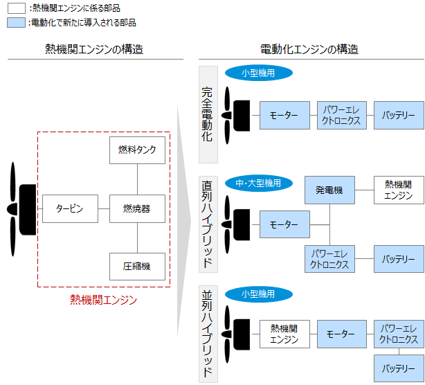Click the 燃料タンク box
137,150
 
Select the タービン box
70,208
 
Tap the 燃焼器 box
137,208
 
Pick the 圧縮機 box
137,266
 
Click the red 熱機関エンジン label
104,300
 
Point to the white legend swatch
17,8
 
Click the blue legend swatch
17,22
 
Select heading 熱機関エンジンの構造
94,49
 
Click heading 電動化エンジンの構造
309,49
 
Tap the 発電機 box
329,189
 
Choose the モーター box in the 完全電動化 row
284,115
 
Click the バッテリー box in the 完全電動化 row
399,115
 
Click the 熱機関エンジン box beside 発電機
399,189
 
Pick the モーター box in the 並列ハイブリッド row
341,334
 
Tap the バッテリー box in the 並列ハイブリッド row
399,368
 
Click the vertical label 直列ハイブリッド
208,224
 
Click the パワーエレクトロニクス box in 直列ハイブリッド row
329,259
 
